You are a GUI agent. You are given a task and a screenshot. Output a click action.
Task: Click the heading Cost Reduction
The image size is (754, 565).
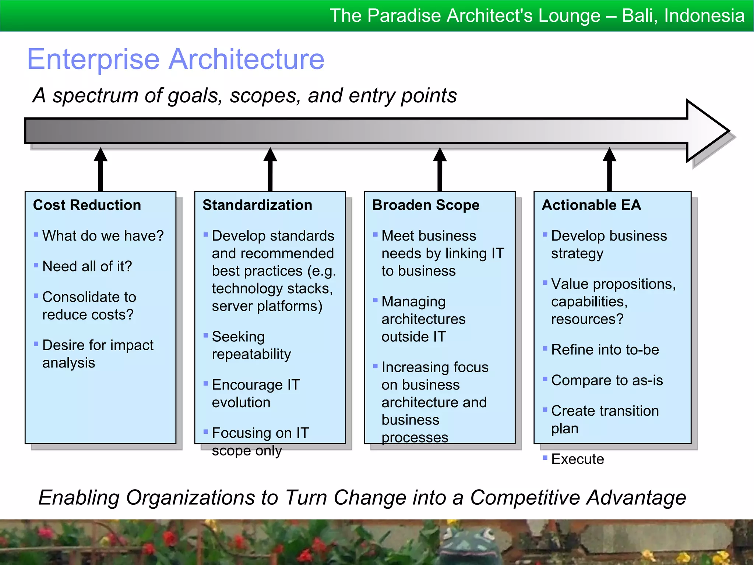pyautogui.click(x=87, y=205)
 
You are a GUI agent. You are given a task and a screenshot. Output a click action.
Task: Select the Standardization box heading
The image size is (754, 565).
pyautogui.click(x=257, y=205)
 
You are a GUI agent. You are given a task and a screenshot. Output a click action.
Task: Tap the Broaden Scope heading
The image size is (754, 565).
pyautogui.click(x=426, y=205)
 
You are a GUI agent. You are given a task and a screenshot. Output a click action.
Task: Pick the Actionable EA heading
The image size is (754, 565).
pyautogui.click(x=591, y=205)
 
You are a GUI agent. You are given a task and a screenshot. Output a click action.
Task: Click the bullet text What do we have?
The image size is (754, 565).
pyautogui.click(x=103, y=236)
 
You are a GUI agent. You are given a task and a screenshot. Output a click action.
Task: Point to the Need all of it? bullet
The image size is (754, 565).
pyautogui.click(x=87, y=266)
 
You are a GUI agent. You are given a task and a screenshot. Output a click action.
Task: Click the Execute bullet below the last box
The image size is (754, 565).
pyautogui.click(x=577, y=459)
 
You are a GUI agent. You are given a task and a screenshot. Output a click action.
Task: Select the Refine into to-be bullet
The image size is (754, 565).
pyautogui.click(x=605, y=349)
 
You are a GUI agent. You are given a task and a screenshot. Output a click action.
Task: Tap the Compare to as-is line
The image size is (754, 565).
pyautogui.click(x=607, y=380)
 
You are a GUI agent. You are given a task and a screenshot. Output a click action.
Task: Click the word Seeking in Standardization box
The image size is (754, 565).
pyautogui.click(x=238, y=337)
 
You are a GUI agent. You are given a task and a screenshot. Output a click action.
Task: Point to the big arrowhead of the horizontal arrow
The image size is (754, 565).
pyautogui.click(x=707, y=131)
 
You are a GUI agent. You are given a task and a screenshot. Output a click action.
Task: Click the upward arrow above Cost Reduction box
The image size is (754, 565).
pyautogui.click(x=101, y=169)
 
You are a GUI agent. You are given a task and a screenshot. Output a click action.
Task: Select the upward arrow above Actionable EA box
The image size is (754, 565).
pyautogui.click(x=609, y=169)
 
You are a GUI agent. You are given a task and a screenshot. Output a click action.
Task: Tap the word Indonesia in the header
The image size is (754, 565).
pyautogui.click(x=704, y=16)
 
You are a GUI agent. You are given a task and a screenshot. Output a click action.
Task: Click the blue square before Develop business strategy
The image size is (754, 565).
pyautogui.click(x=545, y=234)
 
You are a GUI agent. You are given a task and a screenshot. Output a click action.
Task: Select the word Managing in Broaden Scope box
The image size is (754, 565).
pyautogui.click(x=413, y=302)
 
